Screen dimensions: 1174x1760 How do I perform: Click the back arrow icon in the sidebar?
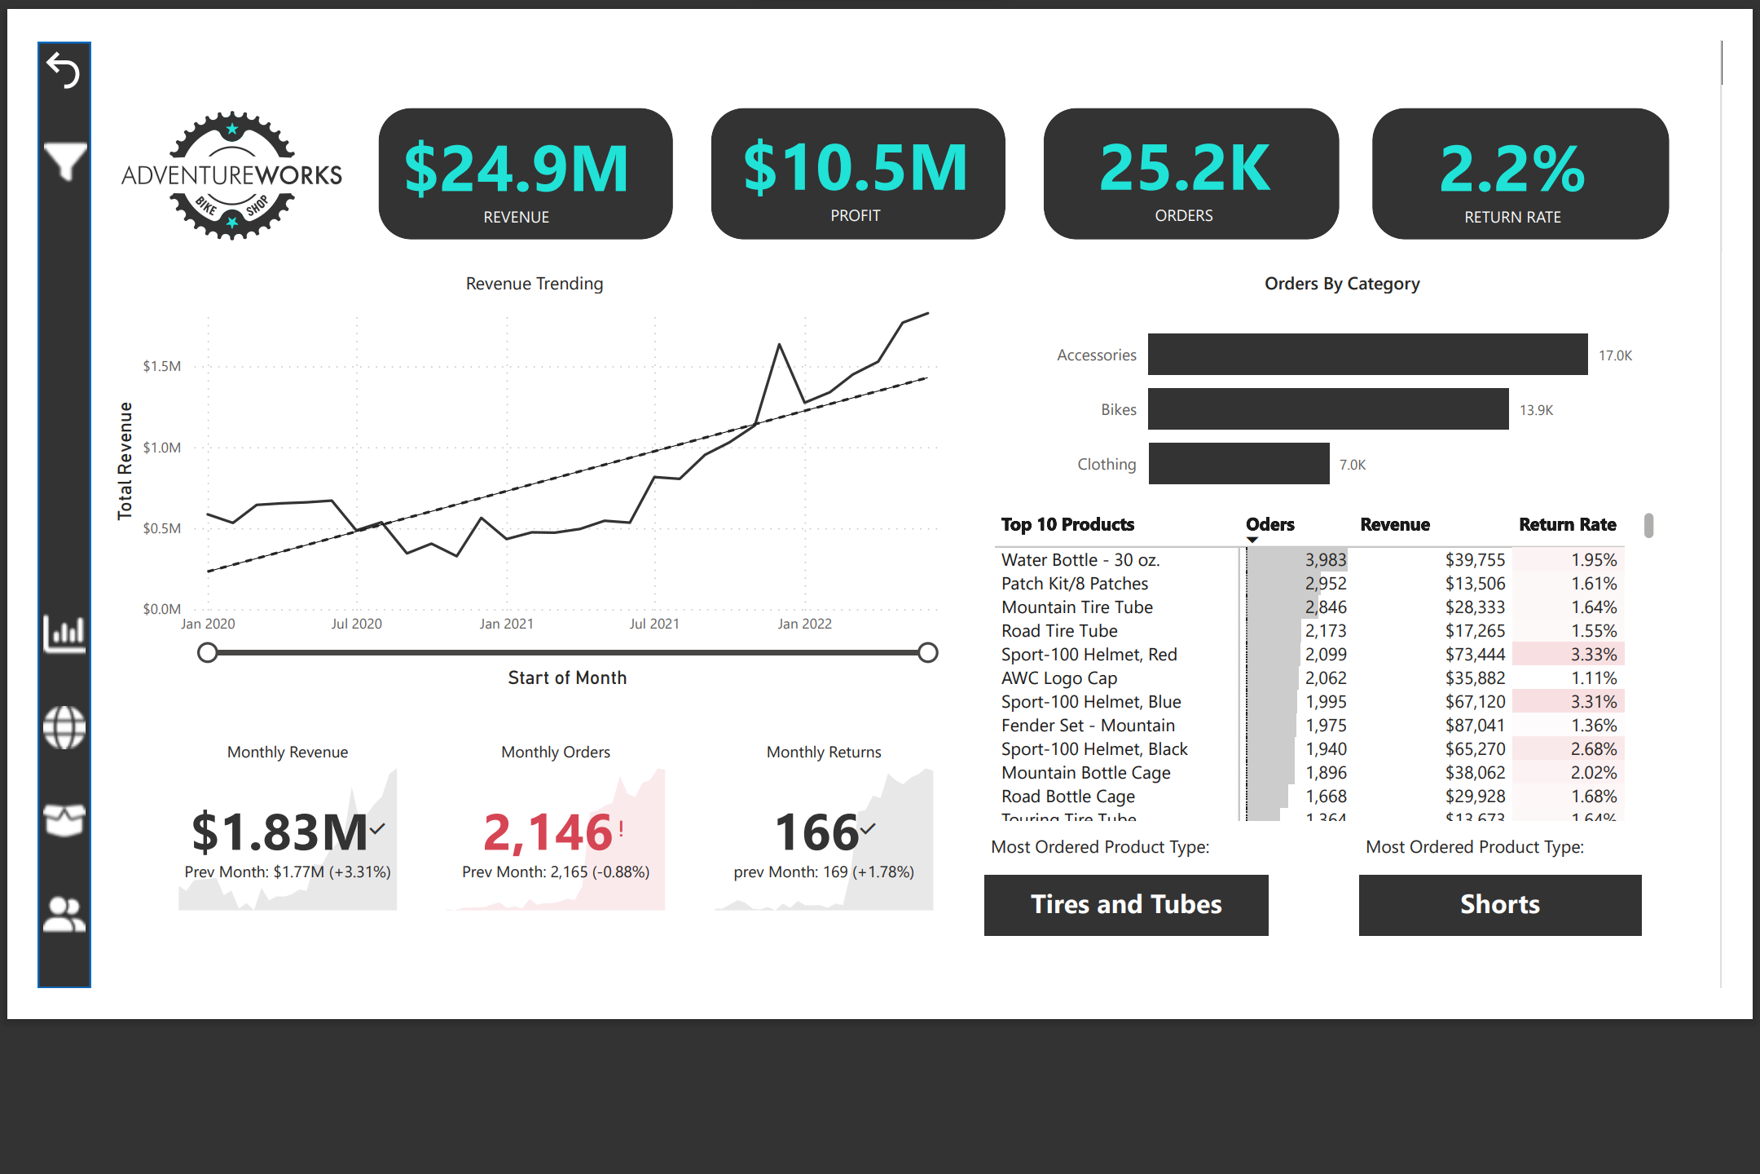(x=63, y=70)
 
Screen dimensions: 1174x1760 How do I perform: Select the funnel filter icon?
(x=64, y=161)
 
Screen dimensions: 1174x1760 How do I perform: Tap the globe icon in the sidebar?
(x=64, y=727)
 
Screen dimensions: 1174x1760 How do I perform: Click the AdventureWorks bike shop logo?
(x=232, y=175)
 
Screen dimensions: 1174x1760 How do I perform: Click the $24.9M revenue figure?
(x=517, y=169)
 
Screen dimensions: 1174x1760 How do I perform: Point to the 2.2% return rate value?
(x=1512, y=169)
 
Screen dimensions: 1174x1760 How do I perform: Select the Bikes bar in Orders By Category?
(x=1328, y=409)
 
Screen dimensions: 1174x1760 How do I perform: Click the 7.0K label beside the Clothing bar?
(x=1353, y=465)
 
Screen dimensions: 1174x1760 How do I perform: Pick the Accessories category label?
(x=1096, y=355)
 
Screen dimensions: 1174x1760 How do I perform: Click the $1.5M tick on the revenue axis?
(x=162, y=366)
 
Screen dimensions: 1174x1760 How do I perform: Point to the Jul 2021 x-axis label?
(x=654, y=624)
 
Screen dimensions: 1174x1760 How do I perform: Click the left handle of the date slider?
(x=208, y=652)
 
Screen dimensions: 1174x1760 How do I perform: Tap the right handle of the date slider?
(x=927, y=652)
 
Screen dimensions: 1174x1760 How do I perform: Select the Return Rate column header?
(x=1567, y=525)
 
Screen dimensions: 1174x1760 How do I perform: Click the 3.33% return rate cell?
(x=1593, y=655)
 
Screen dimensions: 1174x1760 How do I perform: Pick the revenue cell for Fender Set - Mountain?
(x=1475, y=726)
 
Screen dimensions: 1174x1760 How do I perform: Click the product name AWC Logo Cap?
(x=1059, y=678)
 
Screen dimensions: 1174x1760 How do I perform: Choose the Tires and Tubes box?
(x=1126, y=905)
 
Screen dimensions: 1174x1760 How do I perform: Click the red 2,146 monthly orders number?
(x=548, y=832)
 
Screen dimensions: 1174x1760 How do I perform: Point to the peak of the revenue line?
(x=927, y=313)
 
